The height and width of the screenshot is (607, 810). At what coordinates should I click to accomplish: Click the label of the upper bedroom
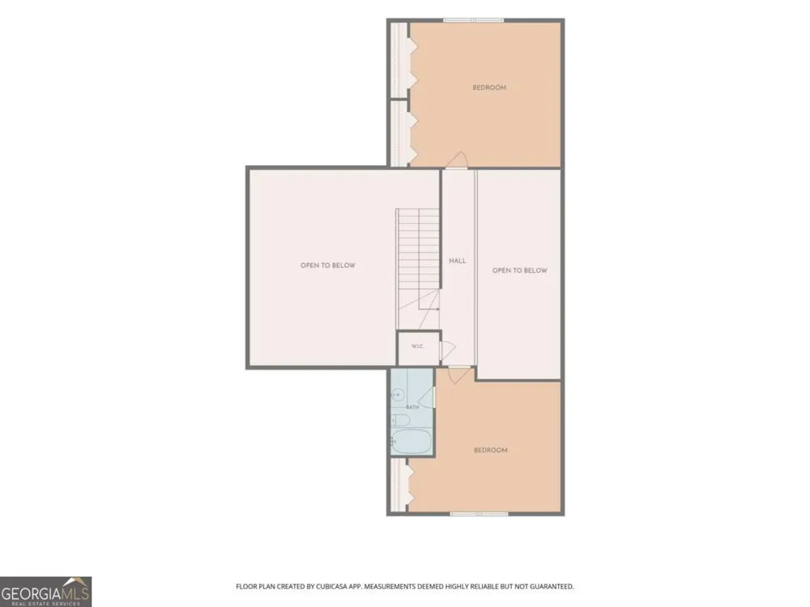489,87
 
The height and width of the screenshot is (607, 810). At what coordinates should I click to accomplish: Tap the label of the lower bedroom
490,450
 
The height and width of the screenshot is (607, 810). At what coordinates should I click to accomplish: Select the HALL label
457,261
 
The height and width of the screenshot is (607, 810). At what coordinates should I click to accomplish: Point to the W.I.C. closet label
417,346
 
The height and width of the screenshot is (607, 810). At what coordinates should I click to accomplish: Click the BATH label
412,407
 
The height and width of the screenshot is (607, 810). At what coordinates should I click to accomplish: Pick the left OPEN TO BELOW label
328,265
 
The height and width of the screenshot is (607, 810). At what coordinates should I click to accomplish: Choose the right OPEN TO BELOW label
520,270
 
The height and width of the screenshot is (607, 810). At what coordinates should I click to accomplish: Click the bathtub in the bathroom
411,442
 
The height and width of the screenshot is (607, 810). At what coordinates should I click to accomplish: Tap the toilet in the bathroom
400,420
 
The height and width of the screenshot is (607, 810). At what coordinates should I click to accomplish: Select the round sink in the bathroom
397,396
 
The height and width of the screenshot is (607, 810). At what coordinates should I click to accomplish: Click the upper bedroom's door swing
457,159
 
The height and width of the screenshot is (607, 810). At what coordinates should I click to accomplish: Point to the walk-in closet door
447,350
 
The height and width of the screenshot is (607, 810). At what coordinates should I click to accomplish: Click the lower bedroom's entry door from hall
459,375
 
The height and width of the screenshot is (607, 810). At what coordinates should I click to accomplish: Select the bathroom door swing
426,397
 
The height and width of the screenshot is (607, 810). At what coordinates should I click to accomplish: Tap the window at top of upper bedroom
473,20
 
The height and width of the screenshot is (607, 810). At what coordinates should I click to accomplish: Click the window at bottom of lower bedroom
479,514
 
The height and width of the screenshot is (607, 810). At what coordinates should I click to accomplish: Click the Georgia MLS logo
45,592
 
